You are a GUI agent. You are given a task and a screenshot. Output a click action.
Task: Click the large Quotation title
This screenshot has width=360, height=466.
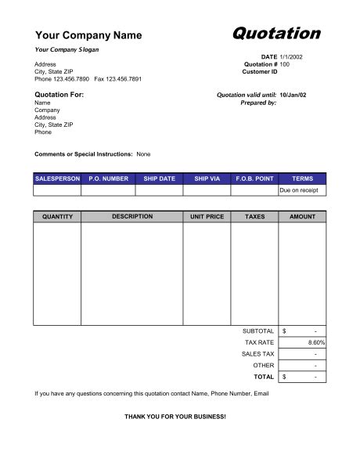click(276, 33)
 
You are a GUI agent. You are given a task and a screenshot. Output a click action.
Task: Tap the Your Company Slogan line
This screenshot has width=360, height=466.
click(67, 49)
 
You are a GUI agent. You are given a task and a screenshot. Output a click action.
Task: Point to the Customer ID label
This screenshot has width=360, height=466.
click(260, 71)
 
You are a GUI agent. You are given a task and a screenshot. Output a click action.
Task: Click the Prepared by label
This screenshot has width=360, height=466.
click(258, 103)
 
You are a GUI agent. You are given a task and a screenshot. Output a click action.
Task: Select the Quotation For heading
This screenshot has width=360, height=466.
click(59, 95)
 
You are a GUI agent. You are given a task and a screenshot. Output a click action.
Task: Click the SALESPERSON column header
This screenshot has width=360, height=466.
click(57, 179)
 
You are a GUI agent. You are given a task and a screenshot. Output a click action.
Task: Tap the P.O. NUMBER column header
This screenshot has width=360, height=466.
click(108, 179)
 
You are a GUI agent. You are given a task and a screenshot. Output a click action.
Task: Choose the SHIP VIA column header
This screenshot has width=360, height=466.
click(207, 179)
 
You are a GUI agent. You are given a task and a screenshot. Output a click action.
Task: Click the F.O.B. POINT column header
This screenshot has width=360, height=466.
click(254, 179)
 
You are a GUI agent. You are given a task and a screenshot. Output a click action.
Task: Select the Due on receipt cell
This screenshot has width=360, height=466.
click(301, 190)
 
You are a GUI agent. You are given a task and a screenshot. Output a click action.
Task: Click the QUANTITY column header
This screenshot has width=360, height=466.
click(57, 217)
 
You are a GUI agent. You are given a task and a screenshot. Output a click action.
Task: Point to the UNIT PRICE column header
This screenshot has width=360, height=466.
click(207, 217)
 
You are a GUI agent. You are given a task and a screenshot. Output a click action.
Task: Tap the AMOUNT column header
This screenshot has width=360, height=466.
click(302, 217)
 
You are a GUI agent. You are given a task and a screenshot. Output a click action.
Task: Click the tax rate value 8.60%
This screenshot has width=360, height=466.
click(316, 343)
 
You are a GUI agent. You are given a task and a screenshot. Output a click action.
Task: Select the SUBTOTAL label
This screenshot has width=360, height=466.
click(258, 331)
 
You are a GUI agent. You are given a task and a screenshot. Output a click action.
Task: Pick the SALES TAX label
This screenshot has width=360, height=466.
click(257, 354)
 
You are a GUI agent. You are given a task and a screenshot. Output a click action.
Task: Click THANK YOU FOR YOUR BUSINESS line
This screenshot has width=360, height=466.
click(175, 416)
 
